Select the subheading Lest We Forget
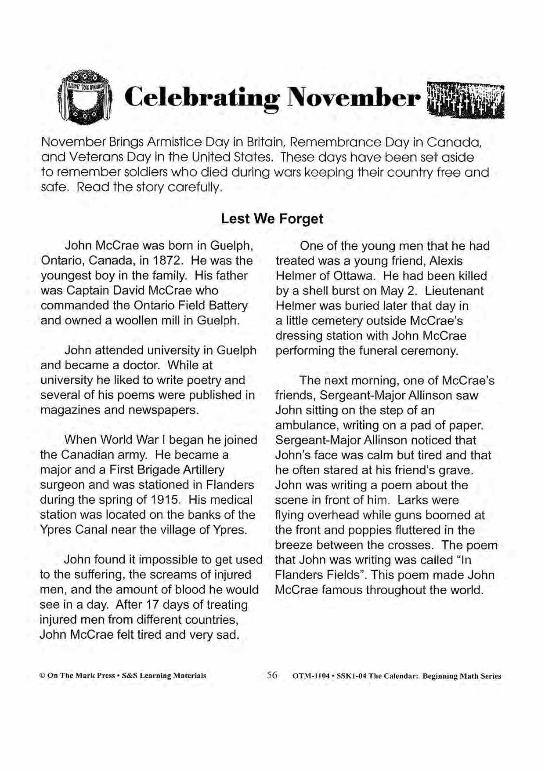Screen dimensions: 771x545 [272, 218]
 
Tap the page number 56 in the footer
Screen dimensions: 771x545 [272, 675]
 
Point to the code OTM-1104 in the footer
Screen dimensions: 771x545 [310, 676]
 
